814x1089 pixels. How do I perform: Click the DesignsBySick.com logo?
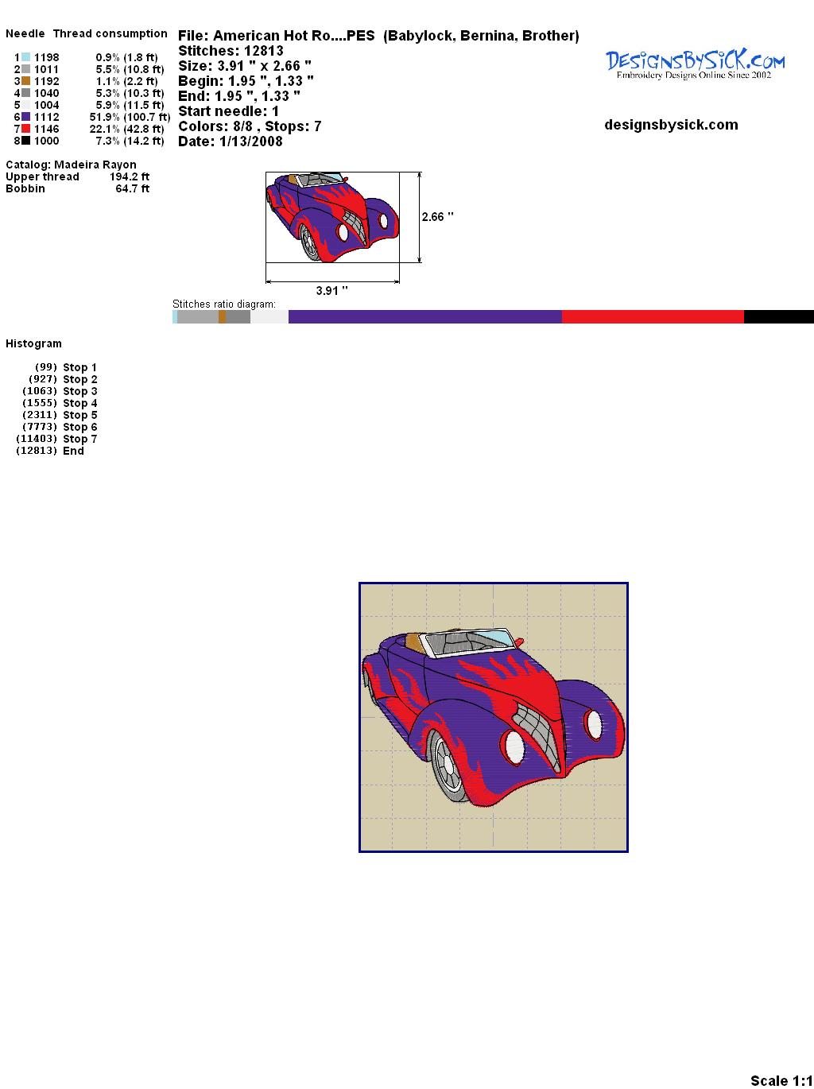click(x=695, y=64)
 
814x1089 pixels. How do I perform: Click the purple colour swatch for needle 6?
click(x=25, y=117)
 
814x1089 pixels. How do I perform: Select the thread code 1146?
click(x=47, y=129)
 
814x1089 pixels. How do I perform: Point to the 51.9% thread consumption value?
click(x=105, y=117)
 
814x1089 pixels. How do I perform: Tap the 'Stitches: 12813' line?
click(x=231, y=51)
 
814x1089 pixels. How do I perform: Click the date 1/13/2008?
click(x=251, y=141)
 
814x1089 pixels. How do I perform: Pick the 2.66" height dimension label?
click(x=437, y=217)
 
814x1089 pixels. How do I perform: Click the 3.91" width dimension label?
click(x=331, y=290)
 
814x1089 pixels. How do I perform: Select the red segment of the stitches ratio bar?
click(x=653, y=316)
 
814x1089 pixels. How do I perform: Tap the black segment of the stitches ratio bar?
click(x=779, y=316)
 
